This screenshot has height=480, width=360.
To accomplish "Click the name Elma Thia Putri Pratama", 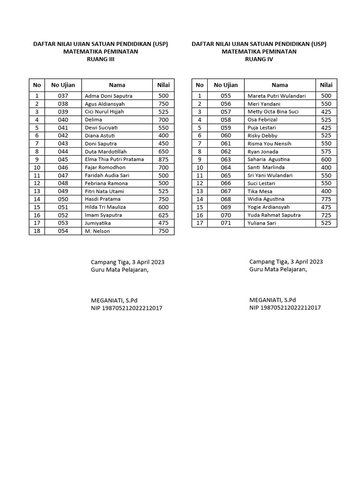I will point(114,159).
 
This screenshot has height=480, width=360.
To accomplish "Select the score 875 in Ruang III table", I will point(163,159).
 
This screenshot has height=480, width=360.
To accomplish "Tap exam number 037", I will point(63,96).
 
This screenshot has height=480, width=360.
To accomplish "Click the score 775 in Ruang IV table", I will point(326,199).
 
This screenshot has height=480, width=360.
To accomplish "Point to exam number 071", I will point(226,223).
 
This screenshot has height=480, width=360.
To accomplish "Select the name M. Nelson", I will point(97,231).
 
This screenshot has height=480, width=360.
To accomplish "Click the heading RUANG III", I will point(100,60).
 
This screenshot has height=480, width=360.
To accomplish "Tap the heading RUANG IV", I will point(259,60).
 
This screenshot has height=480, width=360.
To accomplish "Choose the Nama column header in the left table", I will point(117,85).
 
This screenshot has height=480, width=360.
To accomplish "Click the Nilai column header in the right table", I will point(326,85).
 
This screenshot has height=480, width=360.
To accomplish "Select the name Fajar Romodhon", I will point(105,167).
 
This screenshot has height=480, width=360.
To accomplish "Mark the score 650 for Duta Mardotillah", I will point(163,151).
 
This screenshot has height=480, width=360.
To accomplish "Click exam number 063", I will point(226,159).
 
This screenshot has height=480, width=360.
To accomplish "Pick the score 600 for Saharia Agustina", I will point(326,159).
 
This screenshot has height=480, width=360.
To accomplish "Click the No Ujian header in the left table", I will point(63,85).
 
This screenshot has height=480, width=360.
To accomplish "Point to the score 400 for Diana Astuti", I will point(163,135).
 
